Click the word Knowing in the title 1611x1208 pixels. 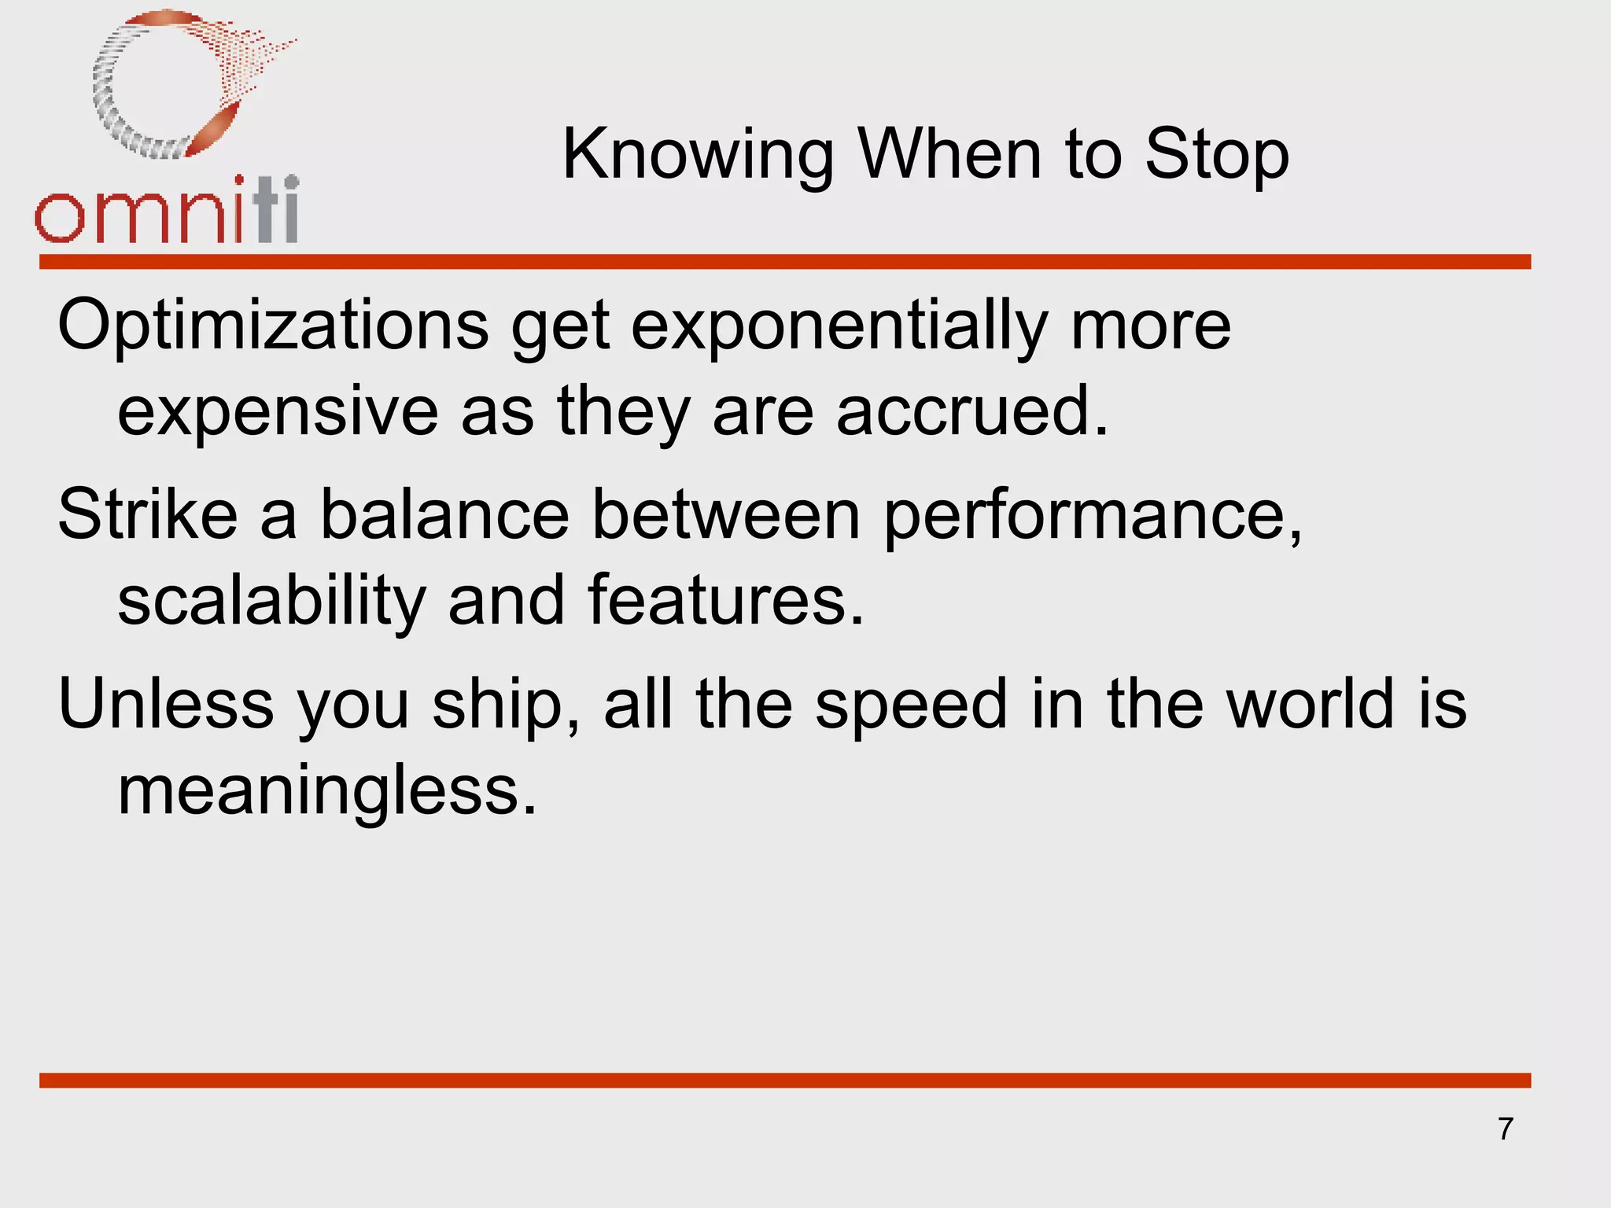click(x=697, y=156)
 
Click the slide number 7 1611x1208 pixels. click(x=1506, y=1129)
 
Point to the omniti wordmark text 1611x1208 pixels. click(x=167, y=211)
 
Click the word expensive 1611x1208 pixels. click(x=278, y=412)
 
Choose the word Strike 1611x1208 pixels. click(x=148, y=514)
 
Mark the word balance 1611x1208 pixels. click(x=444, y=514)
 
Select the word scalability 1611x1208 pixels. click(x=271, y=601)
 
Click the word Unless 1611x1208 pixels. click(x=166, y=703)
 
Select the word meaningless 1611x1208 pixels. click(x=327, y=790)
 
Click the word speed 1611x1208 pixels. click(x=911, y=705)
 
